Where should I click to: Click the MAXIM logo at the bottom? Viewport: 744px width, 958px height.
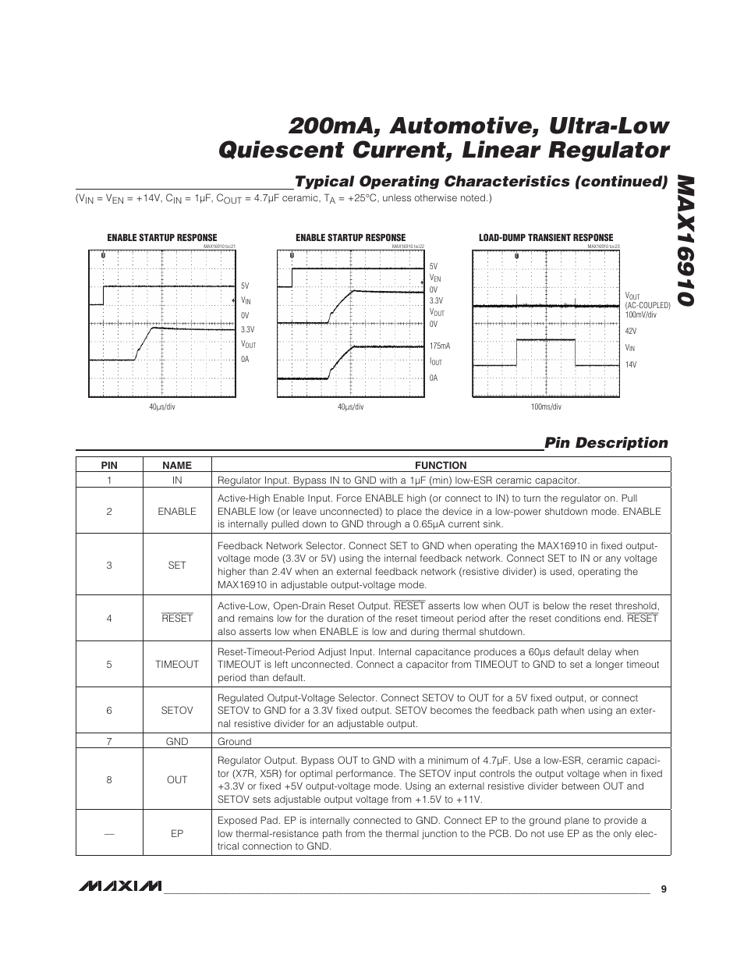119,887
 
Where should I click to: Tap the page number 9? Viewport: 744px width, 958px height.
663,889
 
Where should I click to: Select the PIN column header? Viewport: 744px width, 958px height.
109,465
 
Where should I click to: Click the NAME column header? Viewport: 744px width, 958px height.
177,465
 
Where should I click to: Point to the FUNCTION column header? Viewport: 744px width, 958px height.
441,465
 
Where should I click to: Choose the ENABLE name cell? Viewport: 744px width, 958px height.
177,511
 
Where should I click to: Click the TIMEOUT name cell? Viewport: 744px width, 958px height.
177,665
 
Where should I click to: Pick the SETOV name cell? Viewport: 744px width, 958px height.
177,710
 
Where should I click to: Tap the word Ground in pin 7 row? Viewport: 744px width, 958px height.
235,741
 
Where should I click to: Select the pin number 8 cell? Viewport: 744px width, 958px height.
109,779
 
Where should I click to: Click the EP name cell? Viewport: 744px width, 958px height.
177,833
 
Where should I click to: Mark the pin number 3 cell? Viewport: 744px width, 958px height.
109,565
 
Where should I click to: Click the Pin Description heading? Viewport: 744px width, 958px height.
606,443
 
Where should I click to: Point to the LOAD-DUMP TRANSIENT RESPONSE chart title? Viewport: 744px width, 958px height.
546,238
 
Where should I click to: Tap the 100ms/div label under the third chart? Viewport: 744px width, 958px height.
546,406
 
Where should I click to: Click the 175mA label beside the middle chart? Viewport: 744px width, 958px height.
440,346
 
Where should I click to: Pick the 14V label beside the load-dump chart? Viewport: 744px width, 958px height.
630,364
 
